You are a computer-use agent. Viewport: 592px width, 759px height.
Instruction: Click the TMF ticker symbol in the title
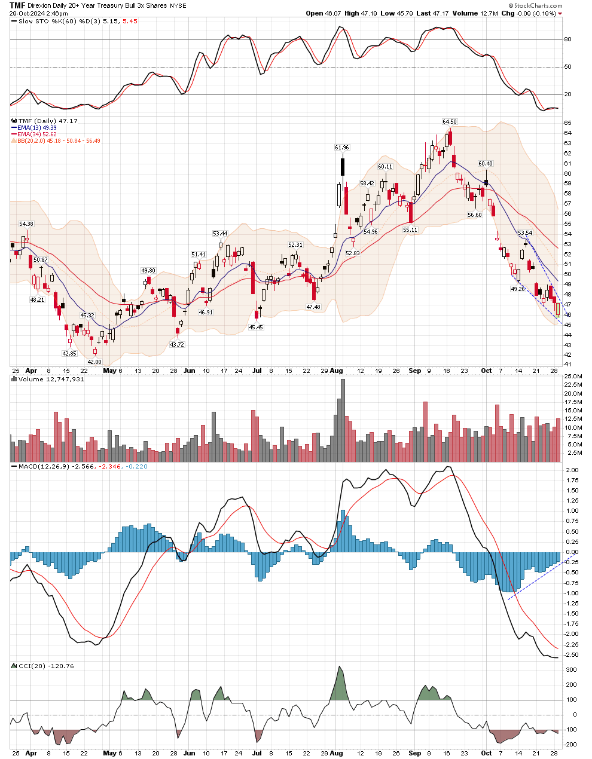(17, 5)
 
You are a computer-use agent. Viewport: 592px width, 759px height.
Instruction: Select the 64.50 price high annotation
(450, 122)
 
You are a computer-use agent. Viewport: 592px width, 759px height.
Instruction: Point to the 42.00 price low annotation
(94, 362)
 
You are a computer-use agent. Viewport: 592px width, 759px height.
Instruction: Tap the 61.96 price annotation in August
(342, 147)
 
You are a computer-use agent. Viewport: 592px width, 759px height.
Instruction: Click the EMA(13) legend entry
(36, 128)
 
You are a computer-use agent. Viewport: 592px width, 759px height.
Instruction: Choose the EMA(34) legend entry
(36, 134)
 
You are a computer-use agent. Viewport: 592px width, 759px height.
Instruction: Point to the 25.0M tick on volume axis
(573, 376)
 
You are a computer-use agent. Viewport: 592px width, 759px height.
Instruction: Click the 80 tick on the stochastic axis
(567, 39)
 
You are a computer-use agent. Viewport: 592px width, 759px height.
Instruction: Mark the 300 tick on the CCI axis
(572, 670)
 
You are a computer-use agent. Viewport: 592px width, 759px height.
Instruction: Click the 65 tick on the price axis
(567, 123)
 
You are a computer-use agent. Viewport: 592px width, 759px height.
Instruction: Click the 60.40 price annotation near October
(486, 163)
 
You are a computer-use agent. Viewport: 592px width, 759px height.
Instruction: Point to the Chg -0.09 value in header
(529, 13)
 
